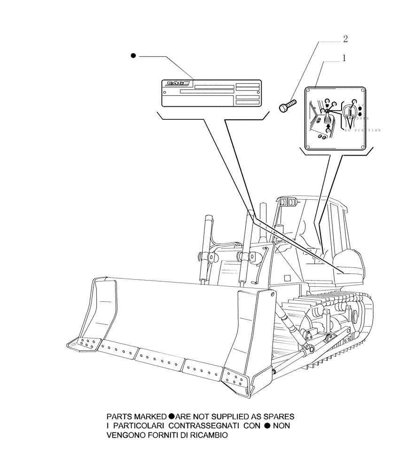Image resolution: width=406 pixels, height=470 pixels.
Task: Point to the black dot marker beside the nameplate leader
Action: point(133,56)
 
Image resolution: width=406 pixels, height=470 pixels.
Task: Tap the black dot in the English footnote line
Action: point(172,416)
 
